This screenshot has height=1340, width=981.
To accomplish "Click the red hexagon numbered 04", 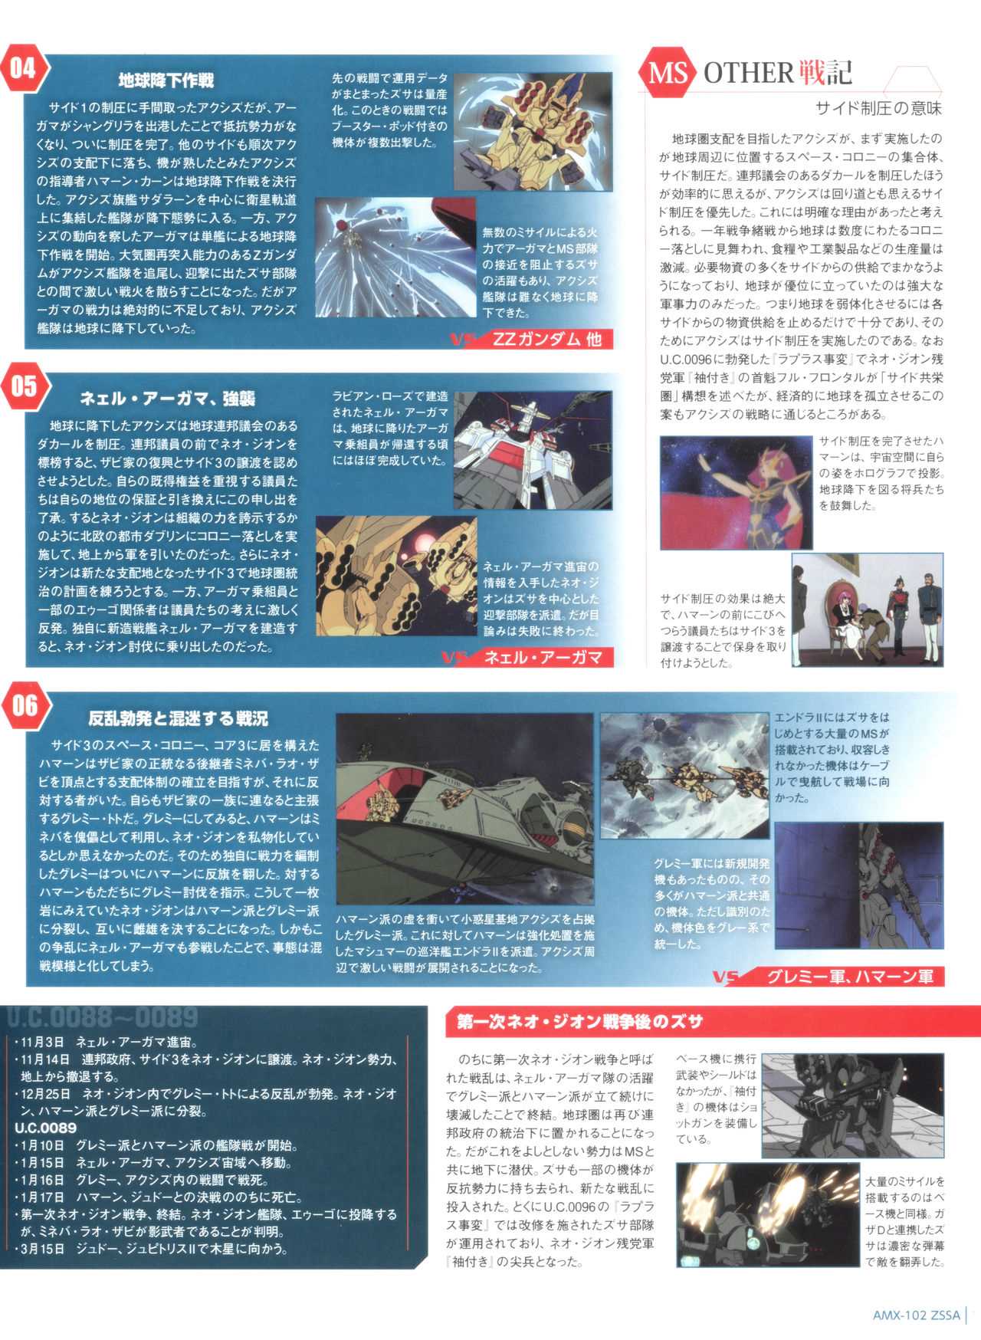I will click(x=23, y=68).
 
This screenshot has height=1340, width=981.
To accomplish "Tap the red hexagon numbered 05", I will click(x=23, y=386).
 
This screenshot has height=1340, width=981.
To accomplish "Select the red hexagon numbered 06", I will click(x=23, y=705).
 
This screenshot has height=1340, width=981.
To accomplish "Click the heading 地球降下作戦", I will click(x=166, y=80).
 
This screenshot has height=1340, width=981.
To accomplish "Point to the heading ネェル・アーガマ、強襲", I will click(x=167, y=399).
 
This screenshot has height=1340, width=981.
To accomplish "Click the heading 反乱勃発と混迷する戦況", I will click(x=178, y=718).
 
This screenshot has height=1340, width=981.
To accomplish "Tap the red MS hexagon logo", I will click(x=666, y=74).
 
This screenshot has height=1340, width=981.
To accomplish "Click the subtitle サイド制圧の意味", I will click(x=878, y=108).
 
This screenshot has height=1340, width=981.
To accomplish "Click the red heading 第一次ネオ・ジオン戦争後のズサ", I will click(x=580, y=1022).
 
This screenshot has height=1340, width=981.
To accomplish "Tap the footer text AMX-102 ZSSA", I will click(x=916, y=1315).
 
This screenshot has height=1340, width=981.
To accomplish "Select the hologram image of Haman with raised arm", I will click(x=735, y=492).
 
